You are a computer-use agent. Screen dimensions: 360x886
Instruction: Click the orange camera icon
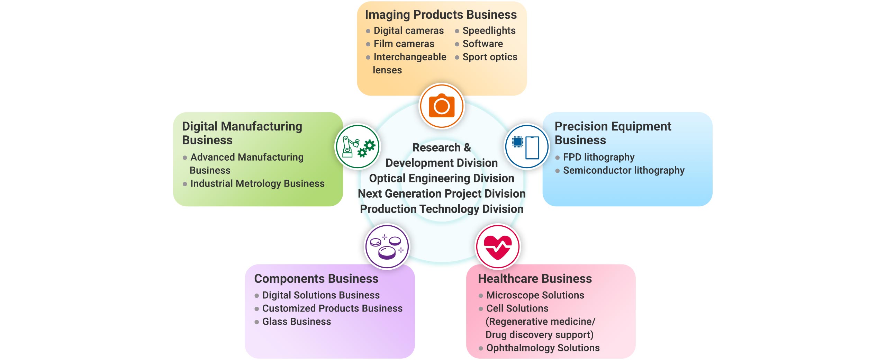point(442,106)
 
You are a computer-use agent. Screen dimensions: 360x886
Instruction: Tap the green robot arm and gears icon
point(358,146)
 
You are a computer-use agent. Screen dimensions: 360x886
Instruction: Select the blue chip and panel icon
point(527,146)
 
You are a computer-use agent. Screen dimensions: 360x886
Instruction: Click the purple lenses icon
point(387,246)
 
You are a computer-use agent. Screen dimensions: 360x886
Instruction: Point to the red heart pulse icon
point(498,246)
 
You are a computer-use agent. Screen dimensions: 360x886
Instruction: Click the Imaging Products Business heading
point(441,15)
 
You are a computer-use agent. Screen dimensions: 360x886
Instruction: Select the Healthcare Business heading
point(535,279)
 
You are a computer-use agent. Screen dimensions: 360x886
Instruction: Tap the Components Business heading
point(316,279)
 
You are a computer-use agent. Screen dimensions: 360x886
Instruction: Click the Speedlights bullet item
point(489,30)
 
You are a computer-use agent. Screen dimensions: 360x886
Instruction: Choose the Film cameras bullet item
point(404,44)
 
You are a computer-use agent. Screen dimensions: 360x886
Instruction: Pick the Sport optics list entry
point(490,57)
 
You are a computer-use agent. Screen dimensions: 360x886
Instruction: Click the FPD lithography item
point(598,157)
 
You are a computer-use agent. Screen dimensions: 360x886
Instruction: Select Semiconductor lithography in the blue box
point(623,170)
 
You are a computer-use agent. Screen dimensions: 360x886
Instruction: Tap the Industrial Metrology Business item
point(257,183)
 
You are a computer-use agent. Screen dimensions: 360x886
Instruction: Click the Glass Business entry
point(296,322)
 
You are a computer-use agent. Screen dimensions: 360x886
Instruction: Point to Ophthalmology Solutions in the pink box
point(543,348)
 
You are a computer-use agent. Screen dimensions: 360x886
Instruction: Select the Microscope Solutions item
point(535,295)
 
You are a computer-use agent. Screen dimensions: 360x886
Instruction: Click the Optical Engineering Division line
point(442,178)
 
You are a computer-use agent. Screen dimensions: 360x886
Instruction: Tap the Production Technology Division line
point(442,209)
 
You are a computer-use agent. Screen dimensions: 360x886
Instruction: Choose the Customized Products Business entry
point(332,308)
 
